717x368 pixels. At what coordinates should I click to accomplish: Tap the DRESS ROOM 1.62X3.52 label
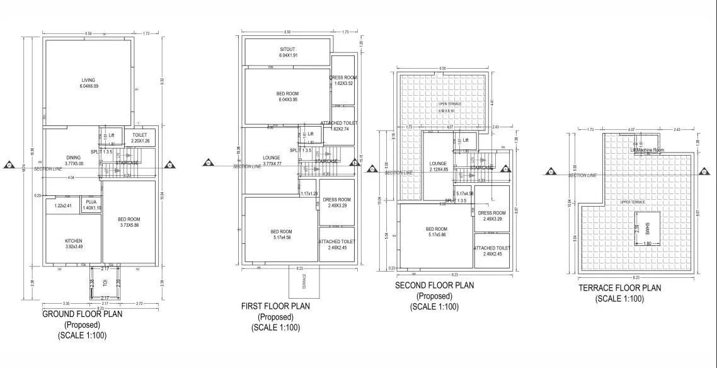click(343, 80)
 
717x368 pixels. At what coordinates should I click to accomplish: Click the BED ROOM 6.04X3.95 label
click(287, 96)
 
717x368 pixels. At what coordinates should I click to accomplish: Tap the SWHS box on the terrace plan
click(647, 230)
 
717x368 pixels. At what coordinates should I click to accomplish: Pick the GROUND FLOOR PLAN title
click(82, 314)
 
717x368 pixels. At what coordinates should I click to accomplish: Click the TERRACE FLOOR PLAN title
click(620, 288)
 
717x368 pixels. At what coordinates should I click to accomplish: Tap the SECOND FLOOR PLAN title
click(434, 285)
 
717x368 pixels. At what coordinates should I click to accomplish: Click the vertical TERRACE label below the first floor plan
click(304, 280)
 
